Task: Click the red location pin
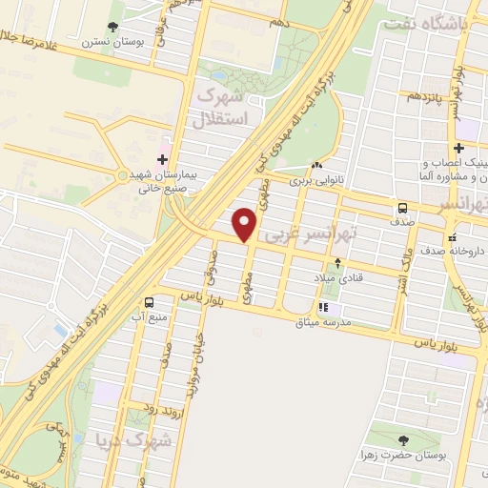pyautogui.click(x=246, y=224)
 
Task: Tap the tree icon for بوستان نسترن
pyautogui.click(x=113, y=27)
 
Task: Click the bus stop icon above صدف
pyautogui.click(x=402, y=208)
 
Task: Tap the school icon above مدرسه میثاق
pyautogui.click(x=323, y=308)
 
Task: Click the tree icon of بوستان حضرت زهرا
pyautogui.click(x=402, y=440)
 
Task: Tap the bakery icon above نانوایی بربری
pyautogui.click(x=315, y=165)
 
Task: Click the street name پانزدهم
pyautogui.click(x=425, y=97)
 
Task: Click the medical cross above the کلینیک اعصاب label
pyautogui.click(x=459, y=149)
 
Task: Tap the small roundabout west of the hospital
pyautogui.click(x=121, y=175)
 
